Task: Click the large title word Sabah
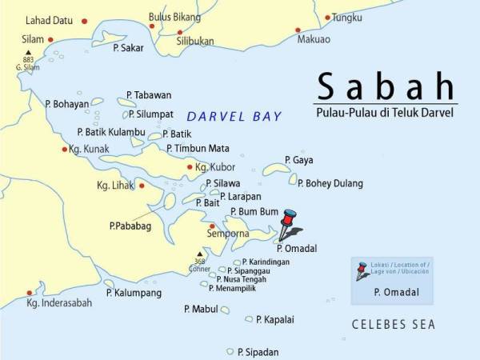tap(386, 86)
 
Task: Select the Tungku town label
tap(346, 17)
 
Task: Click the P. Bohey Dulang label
tap(330, 183)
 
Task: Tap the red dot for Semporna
tap(212, 226)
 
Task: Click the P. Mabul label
tap(200, 308)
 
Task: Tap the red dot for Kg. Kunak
tap(65, 149)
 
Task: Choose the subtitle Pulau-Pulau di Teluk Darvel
tap(385, 113)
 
